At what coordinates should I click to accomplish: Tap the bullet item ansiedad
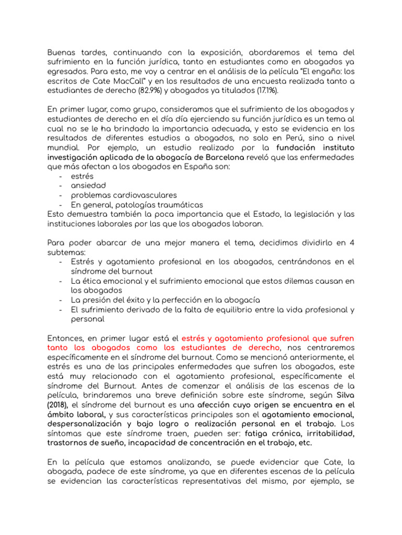(x=88, y=185)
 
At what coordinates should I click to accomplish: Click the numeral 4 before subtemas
(x=352, y=242)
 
